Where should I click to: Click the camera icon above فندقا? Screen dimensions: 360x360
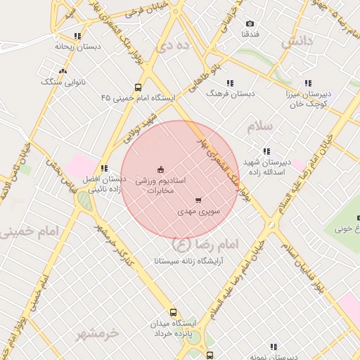coord(250,24)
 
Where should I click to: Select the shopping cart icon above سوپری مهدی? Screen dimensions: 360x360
coord(198,200)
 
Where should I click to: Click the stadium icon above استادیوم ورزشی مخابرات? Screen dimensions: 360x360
coord(160,169)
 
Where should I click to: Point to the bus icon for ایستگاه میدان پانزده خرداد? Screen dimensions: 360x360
coord(173,313)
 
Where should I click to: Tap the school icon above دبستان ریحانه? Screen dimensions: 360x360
coord(77,35)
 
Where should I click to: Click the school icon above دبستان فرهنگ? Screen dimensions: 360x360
coord(230,82)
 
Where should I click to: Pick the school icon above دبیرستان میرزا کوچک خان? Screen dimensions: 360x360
coord(309,82)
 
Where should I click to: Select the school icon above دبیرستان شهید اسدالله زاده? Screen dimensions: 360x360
coord(266,151)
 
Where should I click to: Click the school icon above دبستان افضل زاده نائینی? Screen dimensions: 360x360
coord(104,168)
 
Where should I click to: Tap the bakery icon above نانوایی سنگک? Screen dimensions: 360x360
coord(64,71)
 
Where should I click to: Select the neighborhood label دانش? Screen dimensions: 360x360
coord(296,41)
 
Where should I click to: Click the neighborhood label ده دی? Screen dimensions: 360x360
coord(174,47)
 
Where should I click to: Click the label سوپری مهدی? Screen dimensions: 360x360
coord(199,210)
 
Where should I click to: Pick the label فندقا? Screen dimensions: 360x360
coord(251,34)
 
